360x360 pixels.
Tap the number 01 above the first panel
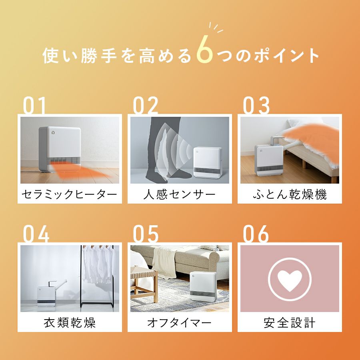pyautogui.click(x=34, y=105)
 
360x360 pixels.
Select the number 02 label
pyautogui.click(x=146, y=105)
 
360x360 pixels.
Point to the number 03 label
pyautogui.click(x=256, y=105)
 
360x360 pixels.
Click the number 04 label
pyautogui.click(x=36, y=234)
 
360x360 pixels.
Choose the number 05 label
pyautogui.click(x=146, y=234)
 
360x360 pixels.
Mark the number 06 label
pyautogui.click(x=256, y=234)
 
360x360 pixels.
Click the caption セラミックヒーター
pyautogui.click(x=69, y=194)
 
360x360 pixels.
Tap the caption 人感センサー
pyautogui.click(x=179, y=194)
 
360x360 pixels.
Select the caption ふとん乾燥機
pyautogui.click(x=290, y=194)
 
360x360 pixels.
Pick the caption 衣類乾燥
pyautogui.click(x=69, y=322)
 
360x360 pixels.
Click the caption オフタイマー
pyautogui.click(x=179, y=322)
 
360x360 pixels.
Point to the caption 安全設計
pyautogui.click(x=290, y=322)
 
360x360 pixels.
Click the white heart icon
pyautogui.click(x=290, y=280)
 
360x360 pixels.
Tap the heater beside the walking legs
pyautogui.click(x=208, y=162)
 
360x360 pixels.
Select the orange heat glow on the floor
pyautogui.click(x=80, y=172)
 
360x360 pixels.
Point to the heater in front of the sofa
pyautogui.click(x=203, y=286)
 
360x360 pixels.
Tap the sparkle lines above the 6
pyautogui.click(x=216, y=28)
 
